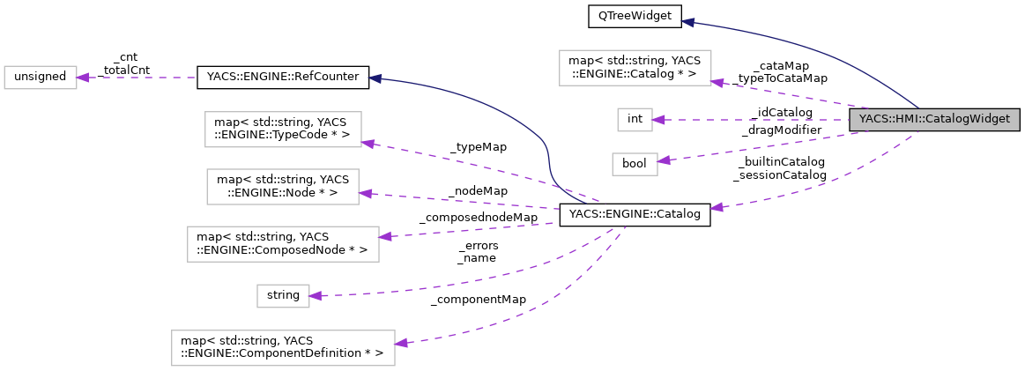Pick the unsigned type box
tap(41, 77)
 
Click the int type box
tap(634, 119)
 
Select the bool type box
tap(635, 164)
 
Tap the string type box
tap(283, 296)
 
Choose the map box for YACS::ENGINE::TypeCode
tap(282, 129)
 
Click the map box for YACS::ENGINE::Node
tap(283, 187)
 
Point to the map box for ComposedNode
tap(283, 244)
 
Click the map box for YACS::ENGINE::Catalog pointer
tap(635, 68)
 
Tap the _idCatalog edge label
tap(781, 112)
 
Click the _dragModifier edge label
tap(781, 130)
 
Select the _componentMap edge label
tap(478, 300)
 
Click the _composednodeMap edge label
tap(478, 217)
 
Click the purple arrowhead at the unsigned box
tap(82, 78)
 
